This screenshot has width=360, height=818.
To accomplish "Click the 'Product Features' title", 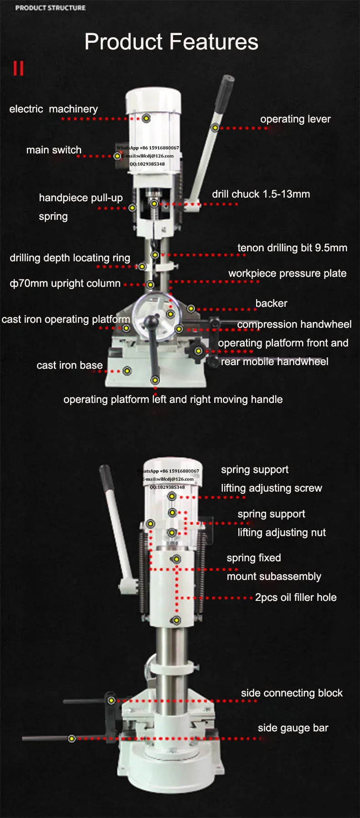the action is coord(171,42).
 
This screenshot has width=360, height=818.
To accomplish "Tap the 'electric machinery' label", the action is coord(54,109).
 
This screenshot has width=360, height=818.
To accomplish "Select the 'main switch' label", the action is coord(54,150).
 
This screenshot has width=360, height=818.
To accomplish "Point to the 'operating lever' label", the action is coord(295,119).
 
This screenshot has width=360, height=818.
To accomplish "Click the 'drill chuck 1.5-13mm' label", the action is coord(261,194).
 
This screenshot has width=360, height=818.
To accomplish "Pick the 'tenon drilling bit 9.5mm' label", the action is coord(292,248).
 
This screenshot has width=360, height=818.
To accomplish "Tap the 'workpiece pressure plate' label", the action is coord(287,273).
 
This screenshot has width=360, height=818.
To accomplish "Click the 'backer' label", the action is coord(271,303).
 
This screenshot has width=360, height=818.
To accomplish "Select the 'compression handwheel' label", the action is coord(294,324).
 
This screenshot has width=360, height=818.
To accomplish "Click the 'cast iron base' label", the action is coord(70,365).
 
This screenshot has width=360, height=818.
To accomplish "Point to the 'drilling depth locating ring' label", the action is coord(70,258).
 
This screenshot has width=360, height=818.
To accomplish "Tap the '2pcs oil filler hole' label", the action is coord(296,597).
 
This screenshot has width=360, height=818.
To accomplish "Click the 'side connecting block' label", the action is coord(292,693).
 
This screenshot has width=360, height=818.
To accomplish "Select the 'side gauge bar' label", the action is coord(293,728).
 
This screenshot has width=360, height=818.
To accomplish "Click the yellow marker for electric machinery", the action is coord(146,118).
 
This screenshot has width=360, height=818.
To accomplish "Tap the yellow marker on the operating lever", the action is coord(215,128).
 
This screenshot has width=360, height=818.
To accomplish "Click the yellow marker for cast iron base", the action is coord(127,371).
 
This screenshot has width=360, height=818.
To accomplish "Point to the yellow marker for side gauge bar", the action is coord(72,738).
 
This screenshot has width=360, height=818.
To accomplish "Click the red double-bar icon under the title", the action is coord(18,68).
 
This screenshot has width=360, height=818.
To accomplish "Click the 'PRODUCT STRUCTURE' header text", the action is coord(51,8).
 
